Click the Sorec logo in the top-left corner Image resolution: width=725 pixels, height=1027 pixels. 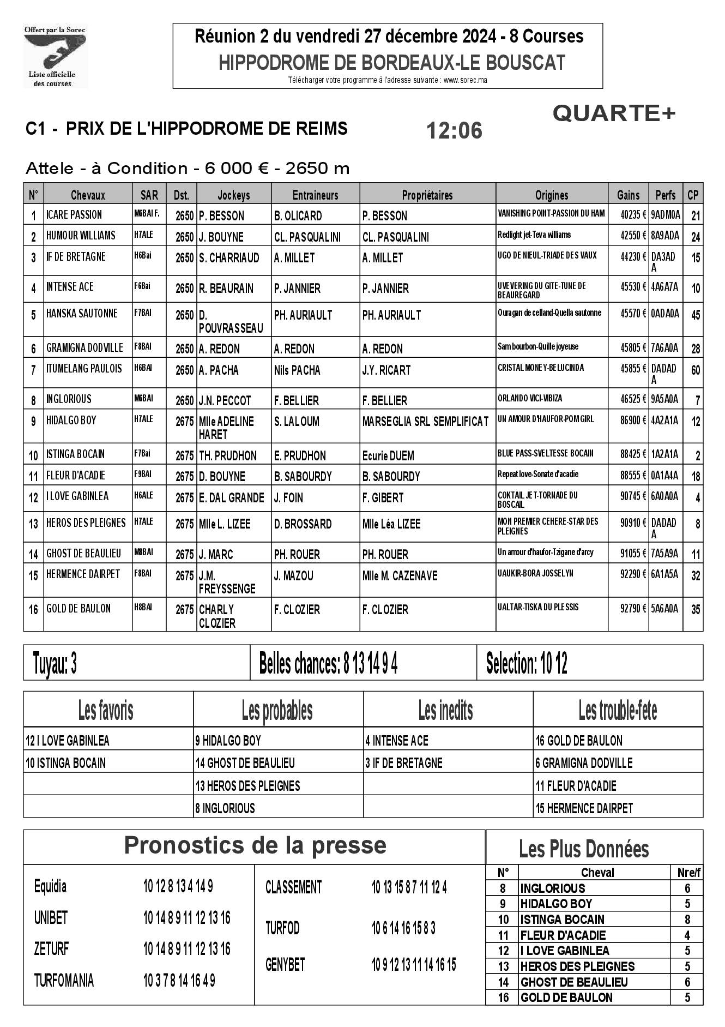pos(55,56)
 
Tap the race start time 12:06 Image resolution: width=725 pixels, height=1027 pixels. pos(454,131)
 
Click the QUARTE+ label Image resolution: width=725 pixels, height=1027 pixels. pos(614,113)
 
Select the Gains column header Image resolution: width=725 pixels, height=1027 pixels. pos(628,195)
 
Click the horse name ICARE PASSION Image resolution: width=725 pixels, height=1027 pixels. pos(74,215)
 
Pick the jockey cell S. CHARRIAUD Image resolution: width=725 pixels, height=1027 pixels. pos(229,257)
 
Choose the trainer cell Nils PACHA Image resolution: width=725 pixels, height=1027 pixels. pos(297,370)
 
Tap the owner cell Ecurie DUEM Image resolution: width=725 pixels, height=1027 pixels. pos(388,455)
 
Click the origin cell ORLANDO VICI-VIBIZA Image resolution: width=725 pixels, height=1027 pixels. pos(530,399)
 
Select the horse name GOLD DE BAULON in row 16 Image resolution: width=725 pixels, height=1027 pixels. pos(78,609)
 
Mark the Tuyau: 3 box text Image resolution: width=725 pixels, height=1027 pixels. pos(55,664)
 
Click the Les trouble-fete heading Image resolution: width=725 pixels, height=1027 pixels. pos(618,710)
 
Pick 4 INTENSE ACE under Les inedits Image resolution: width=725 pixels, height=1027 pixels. pos(397,741)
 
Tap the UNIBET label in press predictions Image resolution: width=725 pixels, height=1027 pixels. pos(51,918)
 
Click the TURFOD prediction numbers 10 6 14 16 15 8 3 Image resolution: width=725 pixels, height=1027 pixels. pos(403,928)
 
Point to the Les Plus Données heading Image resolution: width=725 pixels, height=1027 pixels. pos(584,849)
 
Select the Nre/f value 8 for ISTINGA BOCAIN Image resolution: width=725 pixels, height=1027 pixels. pos(687,920)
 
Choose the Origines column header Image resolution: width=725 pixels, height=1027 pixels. pos(551,195)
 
